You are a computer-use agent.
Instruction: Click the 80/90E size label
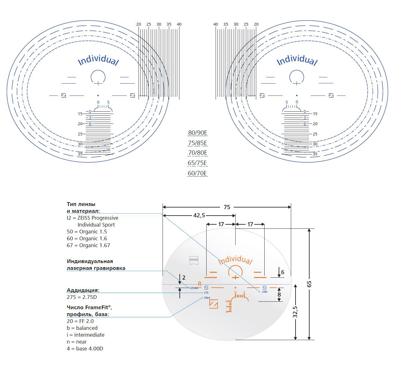coord(198,133)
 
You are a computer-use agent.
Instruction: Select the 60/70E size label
coord(198,173)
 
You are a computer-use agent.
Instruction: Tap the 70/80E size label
coord(198,153)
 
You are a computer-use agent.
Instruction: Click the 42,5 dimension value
coord(199,215)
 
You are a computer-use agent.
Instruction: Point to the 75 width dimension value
coord(227,207)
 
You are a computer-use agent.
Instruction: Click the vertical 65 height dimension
coord(309,284)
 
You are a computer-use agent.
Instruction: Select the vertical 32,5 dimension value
coord(295,312)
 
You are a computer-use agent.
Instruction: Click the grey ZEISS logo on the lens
coord(194,260)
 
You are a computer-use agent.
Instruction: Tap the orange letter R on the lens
coord(200,284)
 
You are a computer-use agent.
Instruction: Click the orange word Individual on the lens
coord(235,260)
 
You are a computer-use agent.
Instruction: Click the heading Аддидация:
coord(83,290)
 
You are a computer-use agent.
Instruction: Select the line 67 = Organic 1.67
coord(88,246)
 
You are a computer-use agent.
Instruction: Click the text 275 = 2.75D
coord(82,297)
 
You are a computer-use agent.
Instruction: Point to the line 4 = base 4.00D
coord(85,349)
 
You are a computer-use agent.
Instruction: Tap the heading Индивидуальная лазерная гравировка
coord(96,265)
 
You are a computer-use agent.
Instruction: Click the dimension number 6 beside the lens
coord(283,272)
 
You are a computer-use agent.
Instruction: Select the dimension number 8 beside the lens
coord(279,294)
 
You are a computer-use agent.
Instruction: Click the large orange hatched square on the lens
coord(213,304)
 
